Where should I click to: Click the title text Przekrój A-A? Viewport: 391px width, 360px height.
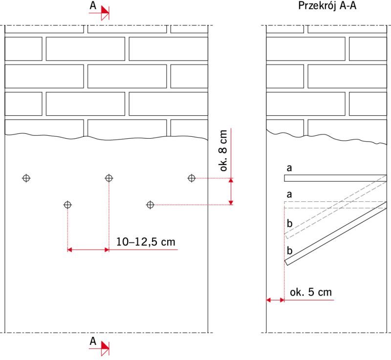327,6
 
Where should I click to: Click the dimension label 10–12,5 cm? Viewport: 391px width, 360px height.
146,242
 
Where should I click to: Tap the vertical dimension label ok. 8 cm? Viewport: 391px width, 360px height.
223,150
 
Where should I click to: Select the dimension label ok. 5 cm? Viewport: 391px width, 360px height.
311,292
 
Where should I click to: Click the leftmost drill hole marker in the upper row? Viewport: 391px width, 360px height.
26,178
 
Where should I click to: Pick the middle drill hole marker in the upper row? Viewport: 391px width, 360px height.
109,178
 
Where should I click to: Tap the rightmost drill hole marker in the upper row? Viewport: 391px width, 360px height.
192,178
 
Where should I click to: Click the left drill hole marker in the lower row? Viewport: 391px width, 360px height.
67,205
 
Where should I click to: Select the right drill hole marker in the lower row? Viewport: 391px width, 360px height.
150,205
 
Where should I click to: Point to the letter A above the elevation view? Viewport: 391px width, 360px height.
93,5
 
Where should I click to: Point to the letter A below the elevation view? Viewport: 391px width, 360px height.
93,341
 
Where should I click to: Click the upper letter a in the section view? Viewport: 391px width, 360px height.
289,168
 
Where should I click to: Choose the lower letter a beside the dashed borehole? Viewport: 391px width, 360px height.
289,194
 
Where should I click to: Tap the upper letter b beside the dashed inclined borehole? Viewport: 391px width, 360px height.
289,223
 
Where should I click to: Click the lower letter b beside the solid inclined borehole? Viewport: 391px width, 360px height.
289,251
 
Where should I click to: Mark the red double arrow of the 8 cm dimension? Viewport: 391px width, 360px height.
231,191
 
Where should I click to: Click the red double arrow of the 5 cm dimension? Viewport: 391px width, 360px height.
275,300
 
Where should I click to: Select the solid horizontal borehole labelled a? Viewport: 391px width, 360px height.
335,178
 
